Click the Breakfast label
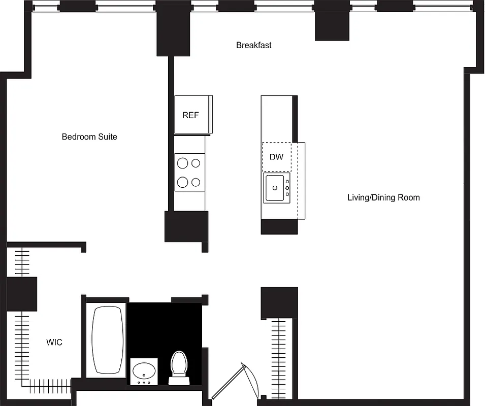pyautogui.click(x=253, y=45)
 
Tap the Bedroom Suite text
pyautogui.click(x=89, y=137)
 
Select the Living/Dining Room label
pyautogui.click(x=383, y=197)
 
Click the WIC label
pyautogui.click(x=54, y=343)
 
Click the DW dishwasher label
pyautogui.click(x=276, y=157)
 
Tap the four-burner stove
pyautogui.click(x=189, y=173)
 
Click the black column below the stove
pyautogui.click(x=186, y=226)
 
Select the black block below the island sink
pyautogui.click(x=279, y=227)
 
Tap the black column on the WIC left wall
pyautogui.click(x=21, y=294)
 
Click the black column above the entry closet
pyautogui.click(x=279, y=303)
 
